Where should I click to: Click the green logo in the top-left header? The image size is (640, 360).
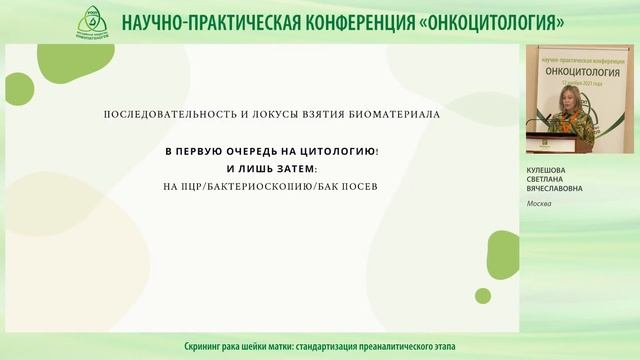(x=93, y=22)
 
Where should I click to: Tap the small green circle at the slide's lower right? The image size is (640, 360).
(x=483, y=296)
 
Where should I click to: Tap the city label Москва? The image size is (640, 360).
(x=540, y=204)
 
